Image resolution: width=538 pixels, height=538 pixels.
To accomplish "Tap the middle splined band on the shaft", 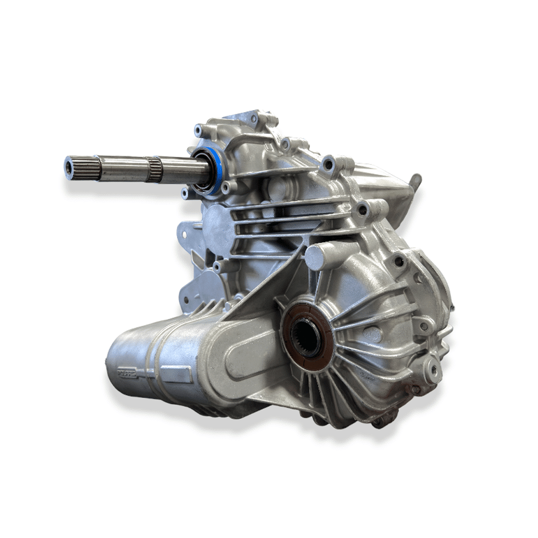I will pos(154,169).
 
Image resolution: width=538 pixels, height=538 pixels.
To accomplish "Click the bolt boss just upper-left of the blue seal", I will pos(199,131).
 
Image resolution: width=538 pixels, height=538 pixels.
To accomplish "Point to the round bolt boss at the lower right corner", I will pos(432,369).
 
